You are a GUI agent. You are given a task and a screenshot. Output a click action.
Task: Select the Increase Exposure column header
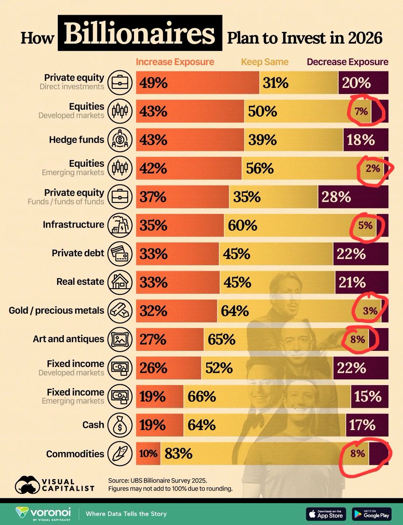(175, 62)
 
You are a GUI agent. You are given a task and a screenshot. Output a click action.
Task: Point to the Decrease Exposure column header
(348, 62)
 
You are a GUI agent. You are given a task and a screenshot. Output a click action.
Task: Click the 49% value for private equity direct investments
(154, 83)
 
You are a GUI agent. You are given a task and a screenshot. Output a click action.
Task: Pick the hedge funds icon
(120, 140)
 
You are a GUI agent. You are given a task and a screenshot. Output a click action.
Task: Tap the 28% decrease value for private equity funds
(336, 197)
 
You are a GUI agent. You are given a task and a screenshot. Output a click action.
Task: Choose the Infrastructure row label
(73, 225)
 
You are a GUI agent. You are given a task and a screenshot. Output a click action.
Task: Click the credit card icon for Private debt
(120, 254)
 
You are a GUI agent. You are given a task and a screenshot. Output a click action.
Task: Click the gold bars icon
(120, 311)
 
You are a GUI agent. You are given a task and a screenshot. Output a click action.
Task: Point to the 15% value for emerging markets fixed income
(368, 396)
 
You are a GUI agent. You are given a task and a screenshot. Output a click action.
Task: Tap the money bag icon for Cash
(120, 425)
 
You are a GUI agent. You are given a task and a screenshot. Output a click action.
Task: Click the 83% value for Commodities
(178, 453)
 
